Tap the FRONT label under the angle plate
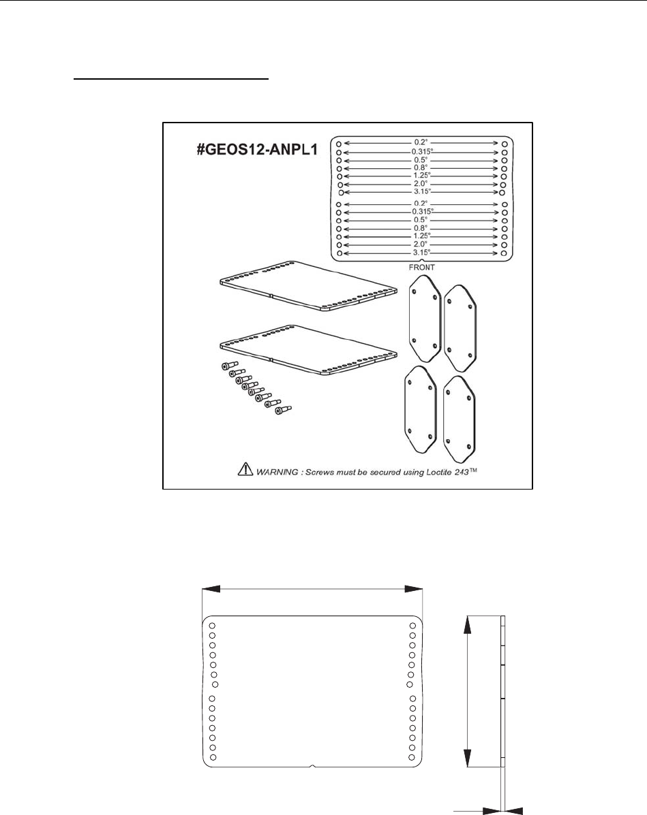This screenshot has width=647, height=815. point(422,267)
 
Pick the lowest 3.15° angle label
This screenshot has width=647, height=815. point(422,253)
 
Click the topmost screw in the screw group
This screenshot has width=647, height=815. point(228,366)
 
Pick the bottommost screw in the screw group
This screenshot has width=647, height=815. point(280,411)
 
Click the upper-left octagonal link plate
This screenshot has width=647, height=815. point(423,319)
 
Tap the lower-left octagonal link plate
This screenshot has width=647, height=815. point(419,409)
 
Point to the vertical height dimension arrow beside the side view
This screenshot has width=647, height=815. point(467,690)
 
